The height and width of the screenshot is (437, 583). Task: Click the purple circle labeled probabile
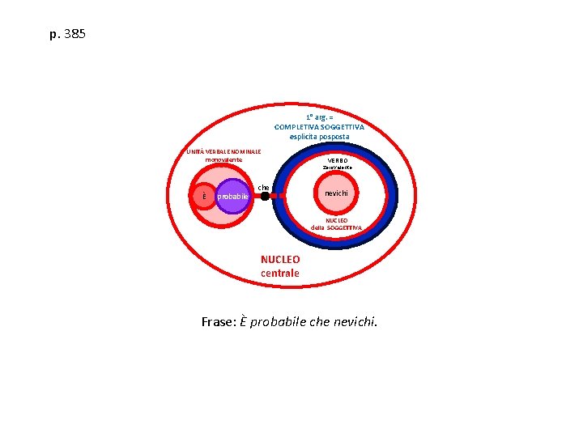point(233,197)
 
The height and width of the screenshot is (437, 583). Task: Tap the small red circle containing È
point(204,196)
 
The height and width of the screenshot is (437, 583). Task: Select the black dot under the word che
point(264,196)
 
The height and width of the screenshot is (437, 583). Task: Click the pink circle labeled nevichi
point(336,194)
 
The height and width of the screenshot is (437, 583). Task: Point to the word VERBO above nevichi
point(337,160)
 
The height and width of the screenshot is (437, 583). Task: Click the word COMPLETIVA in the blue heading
point(300,127)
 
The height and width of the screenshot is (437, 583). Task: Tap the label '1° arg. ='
point(319,117)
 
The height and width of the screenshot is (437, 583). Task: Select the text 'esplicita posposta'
point(319,137)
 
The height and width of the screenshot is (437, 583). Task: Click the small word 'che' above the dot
point(263,187)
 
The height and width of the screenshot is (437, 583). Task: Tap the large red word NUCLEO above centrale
point(280,260)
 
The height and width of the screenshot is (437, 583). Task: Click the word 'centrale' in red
point(280,274)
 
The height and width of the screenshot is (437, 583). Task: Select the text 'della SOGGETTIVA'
point(336,228)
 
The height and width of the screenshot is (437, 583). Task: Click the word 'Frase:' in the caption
point(219,322)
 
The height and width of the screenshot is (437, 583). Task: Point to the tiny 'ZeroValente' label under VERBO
point(337,168)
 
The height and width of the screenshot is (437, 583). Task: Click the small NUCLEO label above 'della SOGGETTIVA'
point(337,220)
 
